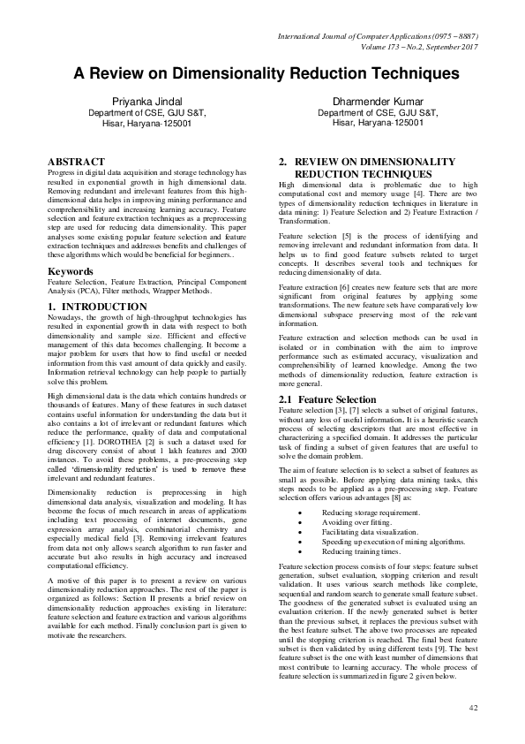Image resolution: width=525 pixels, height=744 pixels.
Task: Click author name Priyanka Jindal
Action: pos(138,102)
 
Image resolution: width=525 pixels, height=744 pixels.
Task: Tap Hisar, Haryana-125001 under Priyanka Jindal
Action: pos(138,124)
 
